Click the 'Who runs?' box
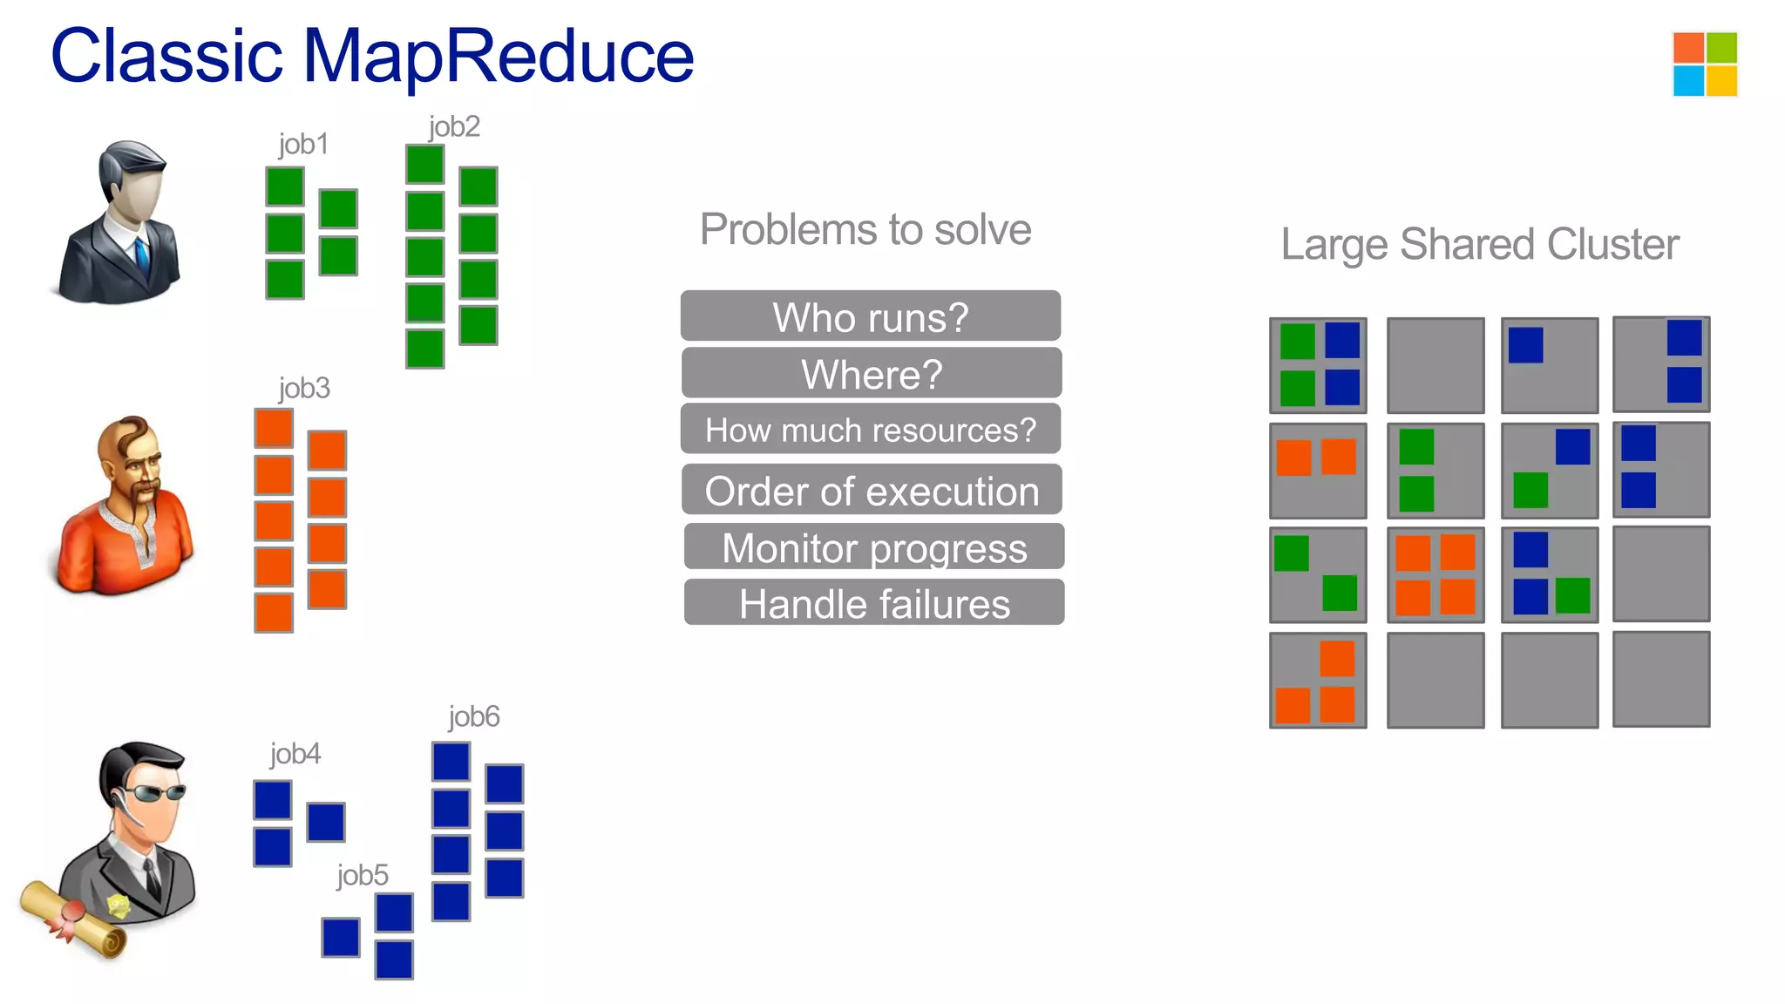tap(870, 316)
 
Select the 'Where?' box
tap(871, 374)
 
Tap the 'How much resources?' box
tap(870, 430)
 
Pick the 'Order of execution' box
tap(872, 491)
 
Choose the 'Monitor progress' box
tap(873, 547)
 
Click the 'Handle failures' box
tap(873, 603)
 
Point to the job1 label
tap(303, 144)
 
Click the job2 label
tap(453, 127)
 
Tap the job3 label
tap(303, 388)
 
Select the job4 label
tap(295, 754)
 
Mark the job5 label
tap(362, 875)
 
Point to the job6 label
tap(473, 716)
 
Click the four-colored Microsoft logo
tap(1705, 64)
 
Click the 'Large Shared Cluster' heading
tap(1479, 244)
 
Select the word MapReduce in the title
tap(498, 56)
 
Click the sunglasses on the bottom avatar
tap(154, 792)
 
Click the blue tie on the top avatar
tap(141, 254)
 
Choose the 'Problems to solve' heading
tap(865, 230)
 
